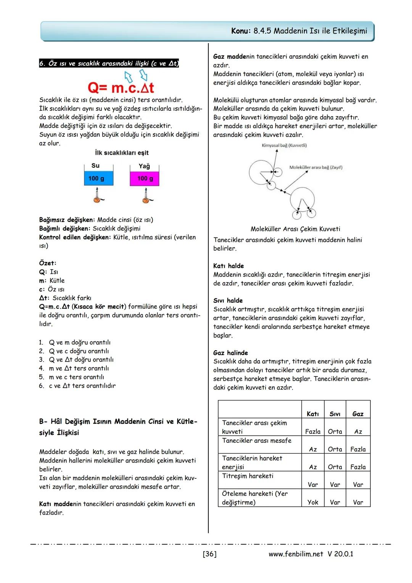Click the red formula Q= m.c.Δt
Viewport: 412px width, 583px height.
pyautogui.click(x=121, y=88)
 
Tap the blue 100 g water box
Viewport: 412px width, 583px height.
pyautogui.click(x=98, y=179)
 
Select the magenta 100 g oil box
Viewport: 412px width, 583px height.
pyautogui.click(x=144, y=179)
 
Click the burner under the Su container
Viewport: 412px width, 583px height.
pyautogui.click(x=98, y=196)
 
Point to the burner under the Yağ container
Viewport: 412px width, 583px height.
pyautogui.click(x=145, y=196)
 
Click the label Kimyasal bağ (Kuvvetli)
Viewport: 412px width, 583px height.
pyautogui.click(x=284, y=145)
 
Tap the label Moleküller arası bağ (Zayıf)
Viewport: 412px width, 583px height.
pyautogui.click(x=315, y=168)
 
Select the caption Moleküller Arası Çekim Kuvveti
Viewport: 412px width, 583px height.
pyautogui.click(x=295, y=229)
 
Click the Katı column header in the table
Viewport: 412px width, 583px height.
pyautogui.click(x=312, y=414)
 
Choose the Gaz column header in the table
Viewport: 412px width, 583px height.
pyautogui.click(x=358, y=414)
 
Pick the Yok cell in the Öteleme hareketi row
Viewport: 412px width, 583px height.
pyautogui.click(x=312, y=502)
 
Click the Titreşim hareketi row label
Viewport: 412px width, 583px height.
pyautogui.click(x=248, y=476)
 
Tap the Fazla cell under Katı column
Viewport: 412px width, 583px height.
pyautogui.click(x=312, y=431)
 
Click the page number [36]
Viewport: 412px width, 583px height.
pyautogui.click(x=209, y=554)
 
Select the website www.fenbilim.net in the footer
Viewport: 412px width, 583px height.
pyautogui.click(x=296, y=554)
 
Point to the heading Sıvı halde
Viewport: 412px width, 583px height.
pyautogui.click(x=228, y=301)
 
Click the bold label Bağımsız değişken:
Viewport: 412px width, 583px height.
pyautogui.click(x=67, y=220)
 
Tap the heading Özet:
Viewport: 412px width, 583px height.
pyautogui.click(x=48, y=263)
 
